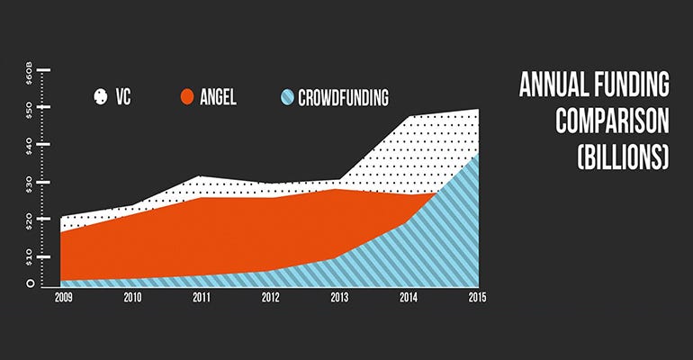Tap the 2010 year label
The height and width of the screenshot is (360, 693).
[133, 297]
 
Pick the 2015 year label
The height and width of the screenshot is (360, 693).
[476, 297]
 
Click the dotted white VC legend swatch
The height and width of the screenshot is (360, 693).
[101, 95]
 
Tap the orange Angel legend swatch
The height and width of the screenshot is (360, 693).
[189, 95]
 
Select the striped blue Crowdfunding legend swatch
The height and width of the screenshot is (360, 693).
[286, 95]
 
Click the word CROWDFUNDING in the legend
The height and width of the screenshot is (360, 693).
[346, 95]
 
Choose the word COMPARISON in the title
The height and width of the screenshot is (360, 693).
[612, 121]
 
